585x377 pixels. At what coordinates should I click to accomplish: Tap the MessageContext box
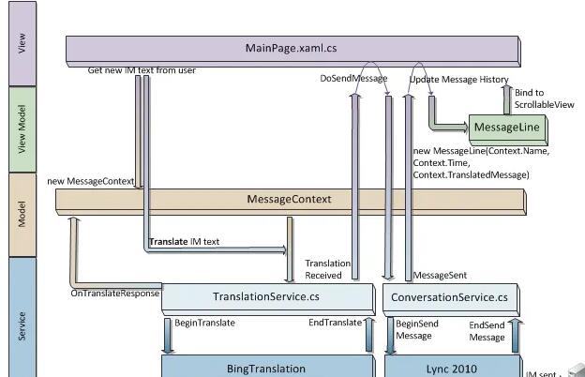tap(289, 199)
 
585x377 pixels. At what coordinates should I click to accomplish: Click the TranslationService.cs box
tap(266, 297)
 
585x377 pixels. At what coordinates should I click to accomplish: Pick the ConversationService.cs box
tap(451, 297)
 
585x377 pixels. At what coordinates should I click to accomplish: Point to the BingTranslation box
tap(266, 369)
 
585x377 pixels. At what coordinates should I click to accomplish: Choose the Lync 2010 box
tap(451, 369)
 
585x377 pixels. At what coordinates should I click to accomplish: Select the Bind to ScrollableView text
tap(545, 98)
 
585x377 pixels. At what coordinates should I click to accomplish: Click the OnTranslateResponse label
tap(114, 294)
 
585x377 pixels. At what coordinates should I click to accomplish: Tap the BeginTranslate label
tap(204, 323)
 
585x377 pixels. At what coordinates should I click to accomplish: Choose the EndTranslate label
tap(335, 323)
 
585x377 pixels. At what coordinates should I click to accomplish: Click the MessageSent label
tap(440, 276)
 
